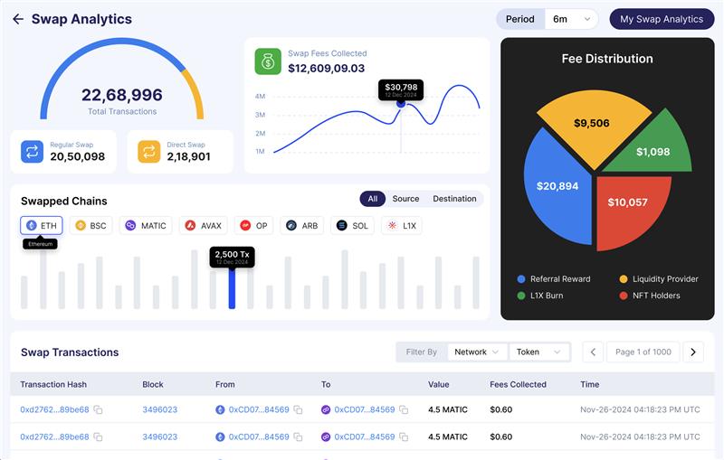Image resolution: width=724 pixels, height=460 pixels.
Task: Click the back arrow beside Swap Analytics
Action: [x=18, y=19]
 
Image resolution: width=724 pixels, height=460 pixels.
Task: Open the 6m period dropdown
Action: [x=571, y=19]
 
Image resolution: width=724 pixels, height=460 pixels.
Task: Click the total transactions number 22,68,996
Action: [x=121, y=95]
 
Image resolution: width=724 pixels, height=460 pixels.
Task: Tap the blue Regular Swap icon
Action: [x=33, y=152]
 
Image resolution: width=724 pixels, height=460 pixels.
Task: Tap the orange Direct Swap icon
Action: [x=149, y=152]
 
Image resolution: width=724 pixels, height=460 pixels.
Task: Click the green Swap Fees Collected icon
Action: [x=268, y=61]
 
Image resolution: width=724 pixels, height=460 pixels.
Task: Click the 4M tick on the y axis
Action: [x=260, y=97]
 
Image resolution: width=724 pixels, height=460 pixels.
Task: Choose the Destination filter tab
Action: [x=454, y=199]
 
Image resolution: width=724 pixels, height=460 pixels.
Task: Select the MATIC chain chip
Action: [x=146, y=225]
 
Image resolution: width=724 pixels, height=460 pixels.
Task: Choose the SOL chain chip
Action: [x=352, y=225]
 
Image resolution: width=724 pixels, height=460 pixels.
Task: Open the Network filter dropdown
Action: [x=476, y=352]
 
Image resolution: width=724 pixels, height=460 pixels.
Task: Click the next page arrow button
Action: [x=693, y=352]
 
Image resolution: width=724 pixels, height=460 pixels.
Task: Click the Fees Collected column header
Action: [x=518, y=384]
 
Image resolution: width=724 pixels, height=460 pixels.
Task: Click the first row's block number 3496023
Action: [x=159, y=409]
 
